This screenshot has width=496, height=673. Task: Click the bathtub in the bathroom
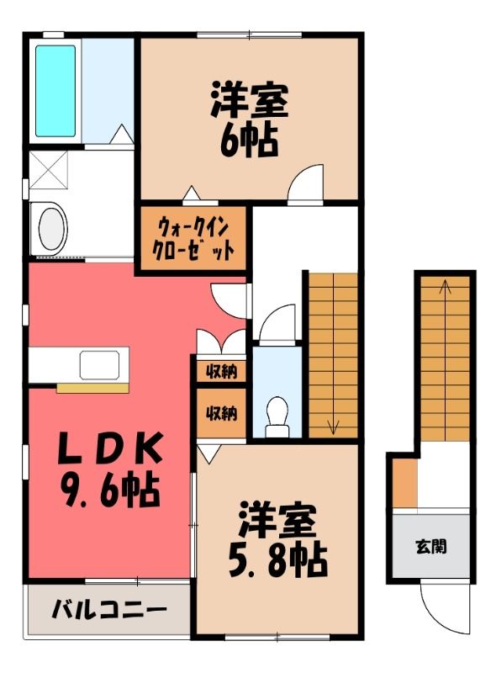tap(55, 91)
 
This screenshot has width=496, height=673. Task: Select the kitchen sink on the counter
tap(99, 365)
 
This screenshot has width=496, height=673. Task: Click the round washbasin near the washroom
tap(53, 228)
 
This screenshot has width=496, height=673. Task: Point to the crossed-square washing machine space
tap(49, 170)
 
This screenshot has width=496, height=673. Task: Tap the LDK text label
tap(110, 448)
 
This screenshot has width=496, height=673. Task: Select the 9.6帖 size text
tap(111, 490)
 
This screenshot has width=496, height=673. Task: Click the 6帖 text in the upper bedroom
tap(249, 140)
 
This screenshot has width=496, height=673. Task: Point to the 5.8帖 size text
tap(277, 561)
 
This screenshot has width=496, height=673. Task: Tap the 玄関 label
tap(431, 546)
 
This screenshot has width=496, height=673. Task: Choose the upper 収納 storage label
tap(221, 371)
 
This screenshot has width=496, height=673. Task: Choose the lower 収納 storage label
tap(221, 413)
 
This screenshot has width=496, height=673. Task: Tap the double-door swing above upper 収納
tap(221, 338)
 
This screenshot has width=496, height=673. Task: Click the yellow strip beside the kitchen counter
tap(92, 388)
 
